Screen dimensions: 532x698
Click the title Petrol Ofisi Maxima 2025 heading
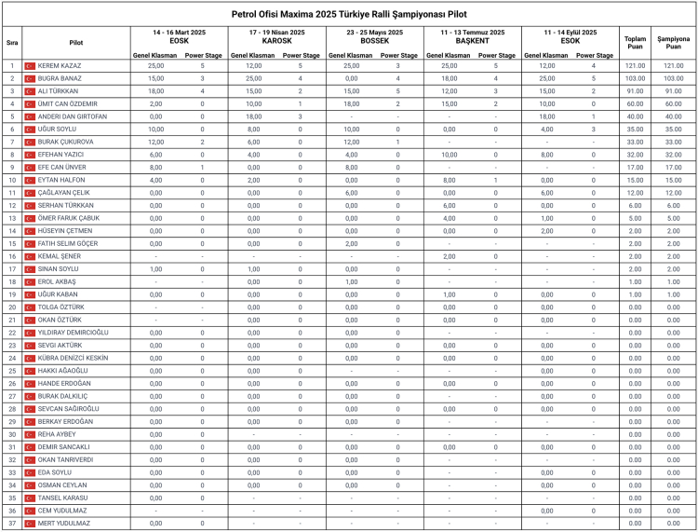click(349, 14)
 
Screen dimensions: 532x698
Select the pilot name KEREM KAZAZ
click(60, 66)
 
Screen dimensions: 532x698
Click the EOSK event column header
click(180, 41)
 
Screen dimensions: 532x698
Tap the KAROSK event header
click(278, 41)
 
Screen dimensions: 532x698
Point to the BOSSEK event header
click(374, 41)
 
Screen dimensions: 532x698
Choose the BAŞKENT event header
click(473, 41)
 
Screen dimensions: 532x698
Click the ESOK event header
click(570, 41)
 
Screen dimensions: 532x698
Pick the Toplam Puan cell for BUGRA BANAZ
click(635, 79)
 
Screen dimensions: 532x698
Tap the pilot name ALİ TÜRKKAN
click(59, 91)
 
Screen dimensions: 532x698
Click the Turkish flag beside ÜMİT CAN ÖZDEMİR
click(29, 104)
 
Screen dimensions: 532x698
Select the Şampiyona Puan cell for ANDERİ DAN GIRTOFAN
click(674, 116)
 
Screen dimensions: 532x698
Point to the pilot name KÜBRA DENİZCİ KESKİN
click(73, 358)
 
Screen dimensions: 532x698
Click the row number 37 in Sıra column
click(12, 524)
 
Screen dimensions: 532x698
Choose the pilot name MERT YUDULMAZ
click(64, 524)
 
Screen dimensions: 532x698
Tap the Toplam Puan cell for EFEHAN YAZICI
click(635, 155)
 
